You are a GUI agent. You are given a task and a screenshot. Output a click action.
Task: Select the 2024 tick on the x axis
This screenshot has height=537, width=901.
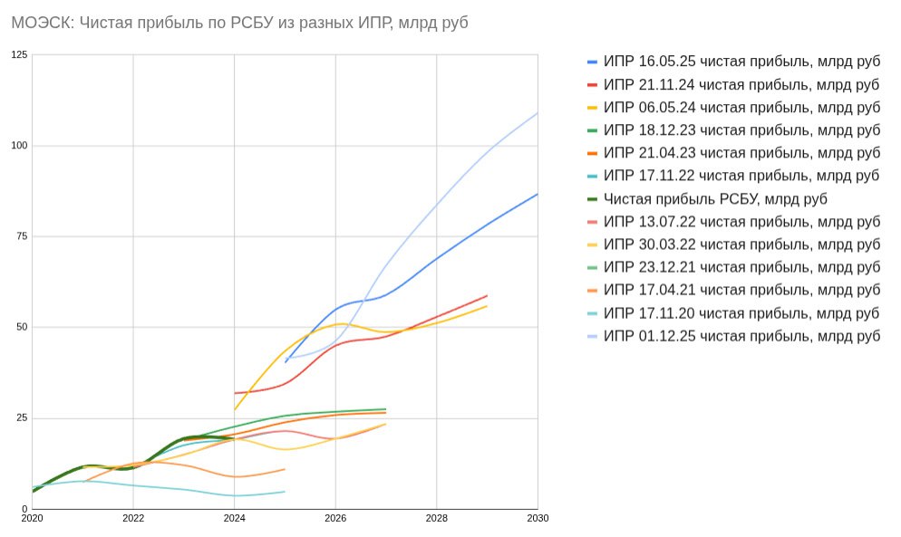point(234,518)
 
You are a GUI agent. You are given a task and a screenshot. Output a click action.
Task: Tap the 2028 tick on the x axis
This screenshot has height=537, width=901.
point(436,518)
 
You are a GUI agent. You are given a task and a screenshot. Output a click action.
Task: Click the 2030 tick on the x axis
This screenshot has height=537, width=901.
point(538,518)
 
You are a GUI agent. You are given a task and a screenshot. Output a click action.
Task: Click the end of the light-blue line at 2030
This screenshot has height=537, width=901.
point(538,113)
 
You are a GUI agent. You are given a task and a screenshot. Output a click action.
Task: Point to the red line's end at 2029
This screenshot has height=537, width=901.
point(487,296)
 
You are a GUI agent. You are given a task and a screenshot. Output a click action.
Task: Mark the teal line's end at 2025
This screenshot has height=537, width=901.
point(285,492)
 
